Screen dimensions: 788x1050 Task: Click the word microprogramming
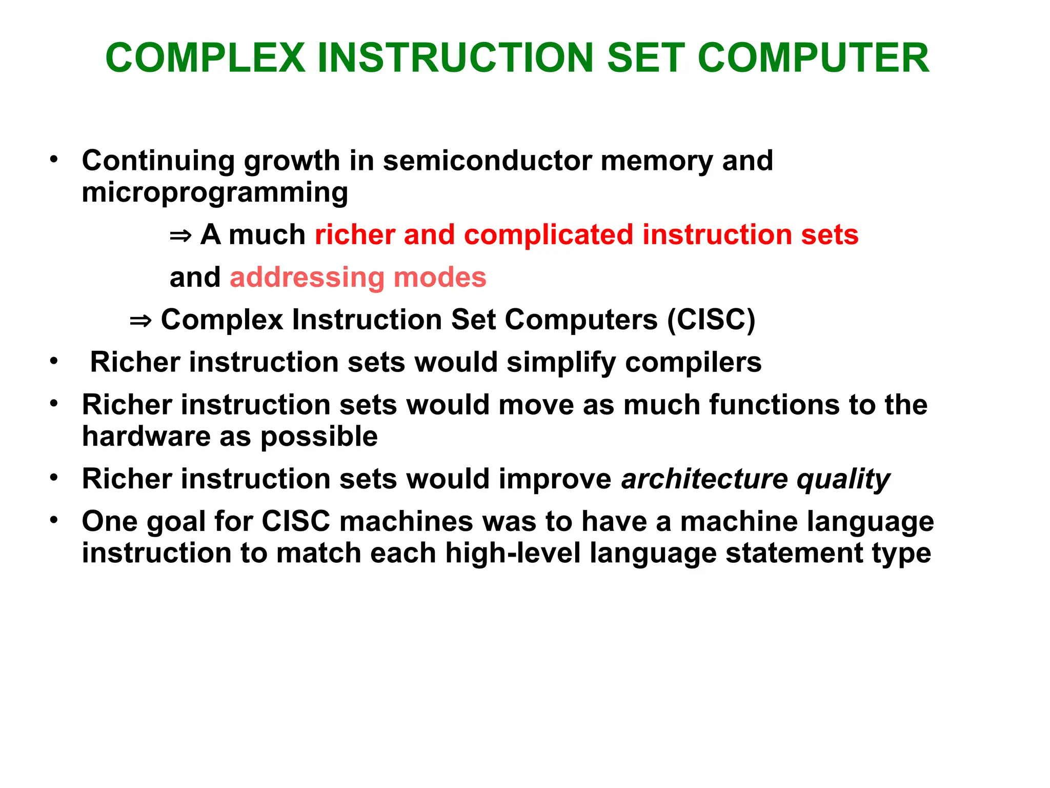tap(215, 193)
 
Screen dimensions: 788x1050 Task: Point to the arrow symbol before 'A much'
tap(180, 236)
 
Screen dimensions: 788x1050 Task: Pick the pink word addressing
tap(307, 278)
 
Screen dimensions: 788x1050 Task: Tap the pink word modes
tap(439, 278)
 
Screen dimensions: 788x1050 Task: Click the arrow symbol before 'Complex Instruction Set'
tap(140, 321)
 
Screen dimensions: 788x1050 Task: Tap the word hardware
tap(146, 437)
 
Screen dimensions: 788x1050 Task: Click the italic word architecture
tap(704, 479)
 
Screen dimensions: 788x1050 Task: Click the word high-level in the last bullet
tap(512, 554)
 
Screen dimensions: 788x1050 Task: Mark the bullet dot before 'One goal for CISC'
tap(54, 520)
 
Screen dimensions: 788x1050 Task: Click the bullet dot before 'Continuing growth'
tap(54, 160)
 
